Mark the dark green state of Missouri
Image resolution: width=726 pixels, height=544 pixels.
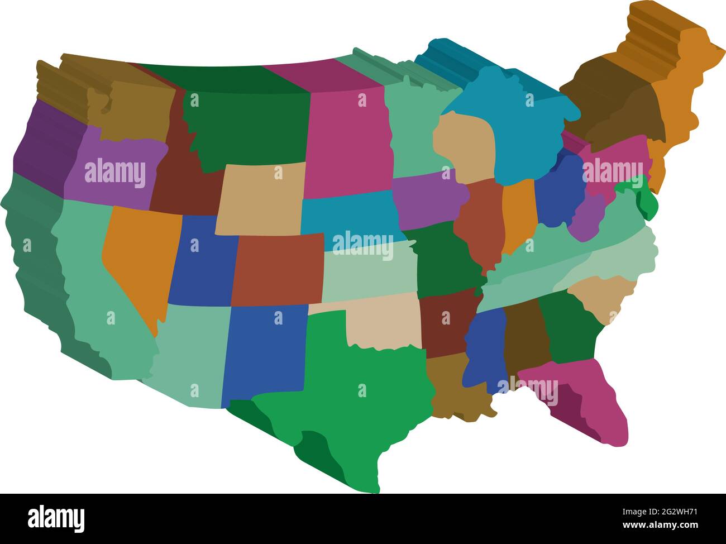(x=444, y=257)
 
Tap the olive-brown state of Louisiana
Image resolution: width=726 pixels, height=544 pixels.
(x=455, y=388)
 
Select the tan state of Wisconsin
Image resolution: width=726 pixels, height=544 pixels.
(x=464, y=145)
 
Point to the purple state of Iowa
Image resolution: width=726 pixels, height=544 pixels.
(x=427, y=198)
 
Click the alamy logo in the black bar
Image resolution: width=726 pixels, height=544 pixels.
(x=56, y=518)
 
